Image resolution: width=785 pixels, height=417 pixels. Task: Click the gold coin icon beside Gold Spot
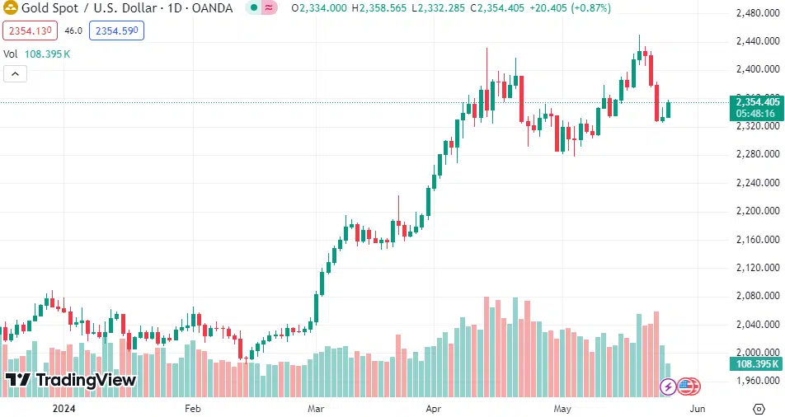click(x=12, y=8)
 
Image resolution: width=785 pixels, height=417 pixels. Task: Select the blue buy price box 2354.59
click(x=116, y=30)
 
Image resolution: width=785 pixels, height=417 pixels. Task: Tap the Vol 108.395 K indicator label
click(x=37, y=54)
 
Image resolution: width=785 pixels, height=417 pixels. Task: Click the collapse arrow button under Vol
click(x=16, y=73)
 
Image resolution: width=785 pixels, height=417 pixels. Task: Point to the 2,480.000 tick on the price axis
click(x=758, y=13)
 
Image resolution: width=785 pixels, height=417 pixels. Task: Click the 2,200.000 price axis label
click(x=758, y=211)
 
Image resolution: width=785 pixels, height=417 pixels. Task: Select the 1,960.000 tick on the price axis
click(x=758, y=381)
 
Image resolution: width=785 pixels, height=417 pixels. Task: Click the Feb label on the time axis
click(x=192, y=408)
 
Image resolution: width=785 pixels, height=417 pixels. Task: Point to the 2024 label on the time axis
click(x=64, y=408)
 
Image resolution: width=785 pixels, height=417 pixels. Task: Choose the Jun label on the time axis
click(x=697, y=408)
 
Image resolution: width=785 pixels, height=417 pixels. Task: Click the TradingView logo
click(x=71, y=380)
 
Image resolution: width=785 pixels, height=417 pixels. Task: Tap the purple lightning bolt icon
click(x=668, y=386)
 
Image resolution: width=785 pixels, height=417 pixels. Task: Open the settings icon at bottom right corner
click(x=758, y=408)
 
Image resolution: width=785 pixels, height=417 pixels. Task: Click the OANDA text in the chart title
click(x=214, y=8)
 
